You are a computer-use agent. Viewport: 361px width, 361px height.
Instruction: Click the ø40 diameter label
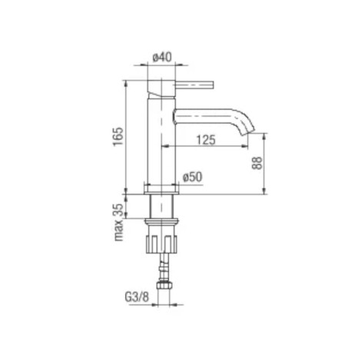pos(162,57)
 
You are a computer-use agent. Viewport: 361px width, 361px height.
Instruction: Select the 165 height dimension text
pos(118,137)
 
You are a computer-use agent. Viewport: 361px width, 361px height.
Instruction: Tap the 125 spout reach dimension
pos(206,140)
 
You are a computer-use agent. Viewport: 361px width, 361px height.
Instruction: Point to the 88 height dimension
pos(257,163)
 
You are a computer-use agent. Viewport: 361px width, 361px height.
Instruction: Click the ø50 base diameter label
pos(193,177)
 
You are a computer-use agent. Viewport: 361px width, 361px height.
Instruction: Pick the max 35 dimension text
pos(118,223)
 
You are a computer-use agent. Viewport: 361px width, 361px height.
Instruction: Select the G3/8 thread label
pos(137,297)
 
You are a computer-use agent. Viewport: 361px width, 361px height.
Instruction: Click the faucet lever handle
pos(194,85)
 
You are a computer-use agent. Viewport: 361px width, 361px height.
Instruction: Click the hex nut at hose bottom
pos(164,285)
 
